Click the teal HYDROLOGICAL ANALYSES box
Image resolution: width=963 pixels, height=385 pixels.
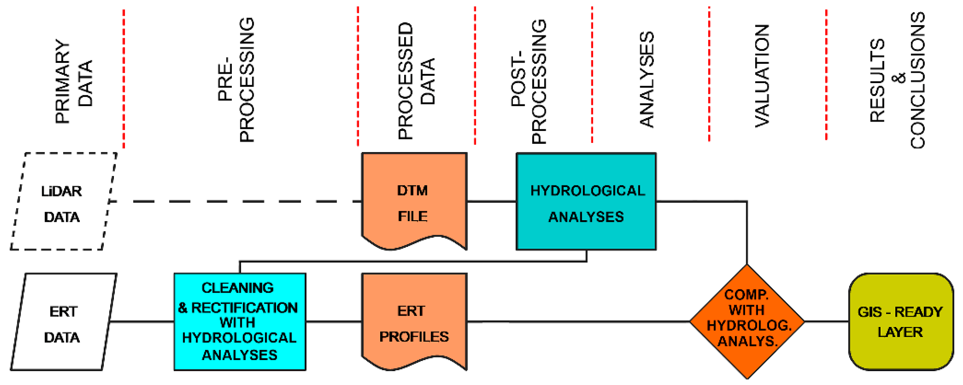[586, 202]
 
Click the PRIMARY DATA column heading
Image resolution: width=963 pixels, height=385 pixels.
[73, 80]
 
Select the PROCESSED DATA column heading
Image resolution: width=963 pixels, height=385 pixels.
[416, 80]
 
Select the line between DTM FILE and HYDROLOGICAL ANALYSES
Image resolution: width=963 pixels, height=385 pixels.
[492, 202]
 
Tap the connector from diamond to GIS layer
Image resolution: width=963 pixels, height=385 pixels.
[826, 321]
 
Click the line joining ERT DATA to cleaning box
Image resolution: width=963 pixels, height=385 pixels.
[142, 321]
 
